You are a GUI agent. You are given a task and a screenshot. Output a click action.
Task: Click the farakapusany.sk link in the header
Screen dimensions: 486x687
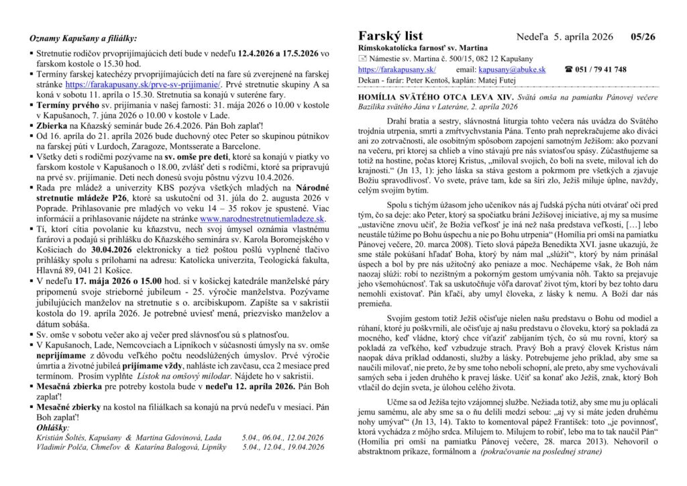point(397,69)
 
